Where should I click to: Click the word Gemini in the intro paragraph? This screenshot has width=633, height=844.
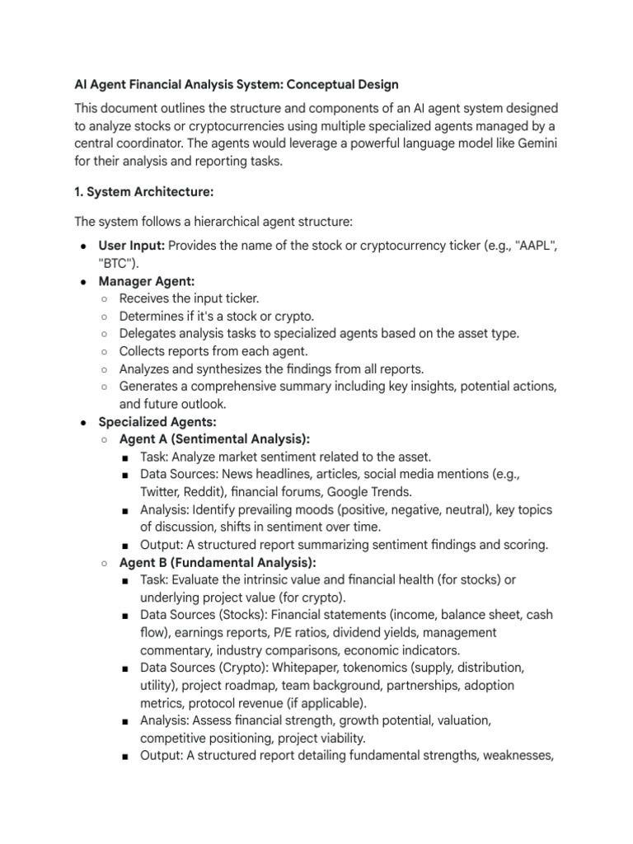coord(535,144)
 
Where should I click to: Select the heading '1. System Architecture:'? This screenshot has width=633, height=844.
coord(144,191)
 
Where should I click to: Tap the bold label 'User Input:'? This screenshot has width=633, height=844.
coord(132,246)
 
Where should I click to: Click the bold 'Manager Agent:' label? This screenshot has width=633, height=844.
coord(147,281)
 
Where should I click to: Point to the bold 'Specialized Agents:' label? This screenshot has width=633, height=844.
coord(157,422)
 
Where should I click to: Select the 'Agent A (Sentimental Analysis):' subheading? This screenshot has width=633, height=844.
coord(214,439)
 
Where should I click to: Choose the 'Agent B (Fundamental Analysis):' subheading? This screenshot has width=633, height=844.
coord(218,563)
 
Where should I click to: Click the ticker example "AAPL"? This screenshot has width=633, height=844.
coord(537,246)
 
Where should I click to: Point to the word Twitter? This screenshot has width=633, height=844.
coord(162,492)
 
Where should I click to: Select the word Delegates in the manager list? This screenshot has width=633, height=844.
coord(148,334)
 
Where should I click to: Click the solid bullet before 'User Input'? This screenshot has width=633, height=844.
coord(84,246)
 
